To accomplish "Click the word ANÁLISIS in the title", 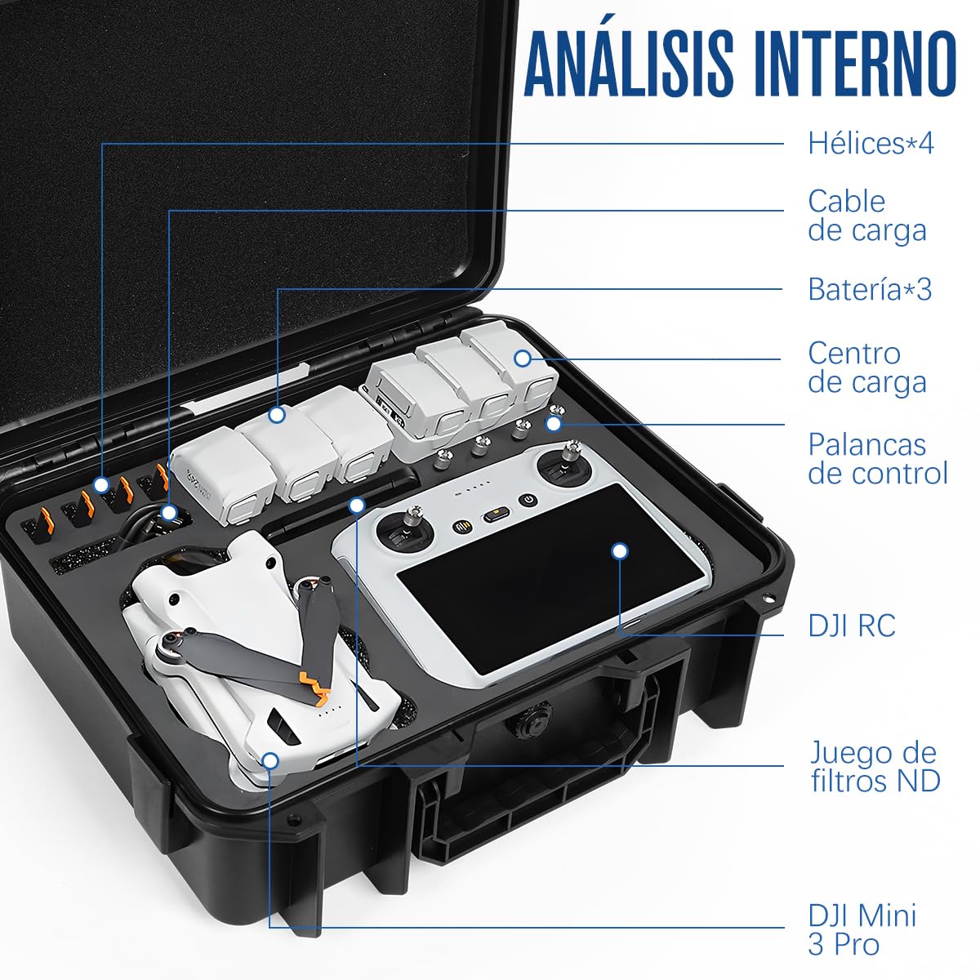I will (x=629, y=64).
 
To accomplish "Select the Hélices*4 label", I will (x=871, y=143).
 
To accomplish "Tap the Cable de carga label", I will (x=866, y=216).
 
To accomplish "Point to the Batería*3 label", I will (x=869, y=289).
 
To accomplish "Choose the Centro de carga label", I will (x=866, y=367).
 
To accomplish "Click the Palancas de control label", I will (x=877, y=458).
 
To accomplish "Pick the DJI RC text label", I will (x=852, y=626).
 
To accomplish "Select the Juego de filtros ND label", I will (x=875, y=766).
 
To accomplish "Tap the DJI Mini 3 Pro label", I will (x=862, y=929).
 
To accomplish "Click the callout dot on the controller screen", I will (x=620, y=551).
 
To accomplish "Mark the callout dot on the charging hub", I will (x=523, y=358).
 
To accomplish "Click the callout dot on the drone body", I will (x=270, y=761).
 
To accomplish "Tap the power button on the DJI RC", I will (x=529, y=500).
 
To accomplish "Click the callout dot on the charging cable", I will (x=169, y=514).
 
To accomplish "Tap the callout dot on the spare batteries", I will (x=277, y=415).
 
